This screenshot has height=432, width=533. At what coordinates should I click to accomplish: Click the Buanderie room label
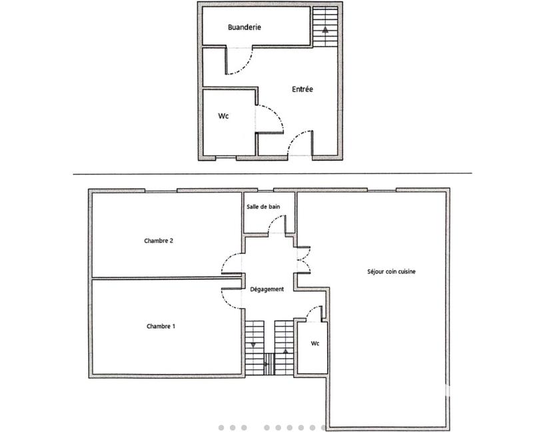pos(244,27)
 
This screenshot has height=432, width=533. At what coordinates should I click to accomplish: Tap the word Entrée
pos(302,89)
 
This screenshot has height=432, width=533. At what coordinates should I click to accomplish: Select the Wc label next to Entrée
pos(224,115)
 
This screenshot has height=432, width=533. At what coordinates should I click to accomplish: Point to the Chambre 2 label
pos(159,241)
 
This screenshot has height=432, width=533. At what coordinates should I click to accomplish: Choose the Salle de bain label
pos(263,207)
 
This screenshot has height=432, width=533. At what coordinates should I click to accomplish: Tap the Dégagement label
pos(267,289)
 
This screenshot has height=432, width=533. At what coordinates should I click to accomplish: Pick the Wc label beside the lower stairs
pos(315,343)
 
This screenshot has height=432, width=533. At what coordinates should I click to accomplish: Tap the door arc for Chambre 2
pos(229,262)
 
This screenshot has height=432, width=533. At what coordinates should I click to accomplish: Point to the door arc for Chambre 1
pos(230,295)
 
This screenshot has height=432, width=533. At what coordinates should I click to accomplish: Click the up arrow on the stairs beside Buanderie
pos(325,30)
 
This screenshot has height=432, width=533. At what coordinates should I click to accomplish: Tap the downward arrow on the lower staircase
pos(254,345)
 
